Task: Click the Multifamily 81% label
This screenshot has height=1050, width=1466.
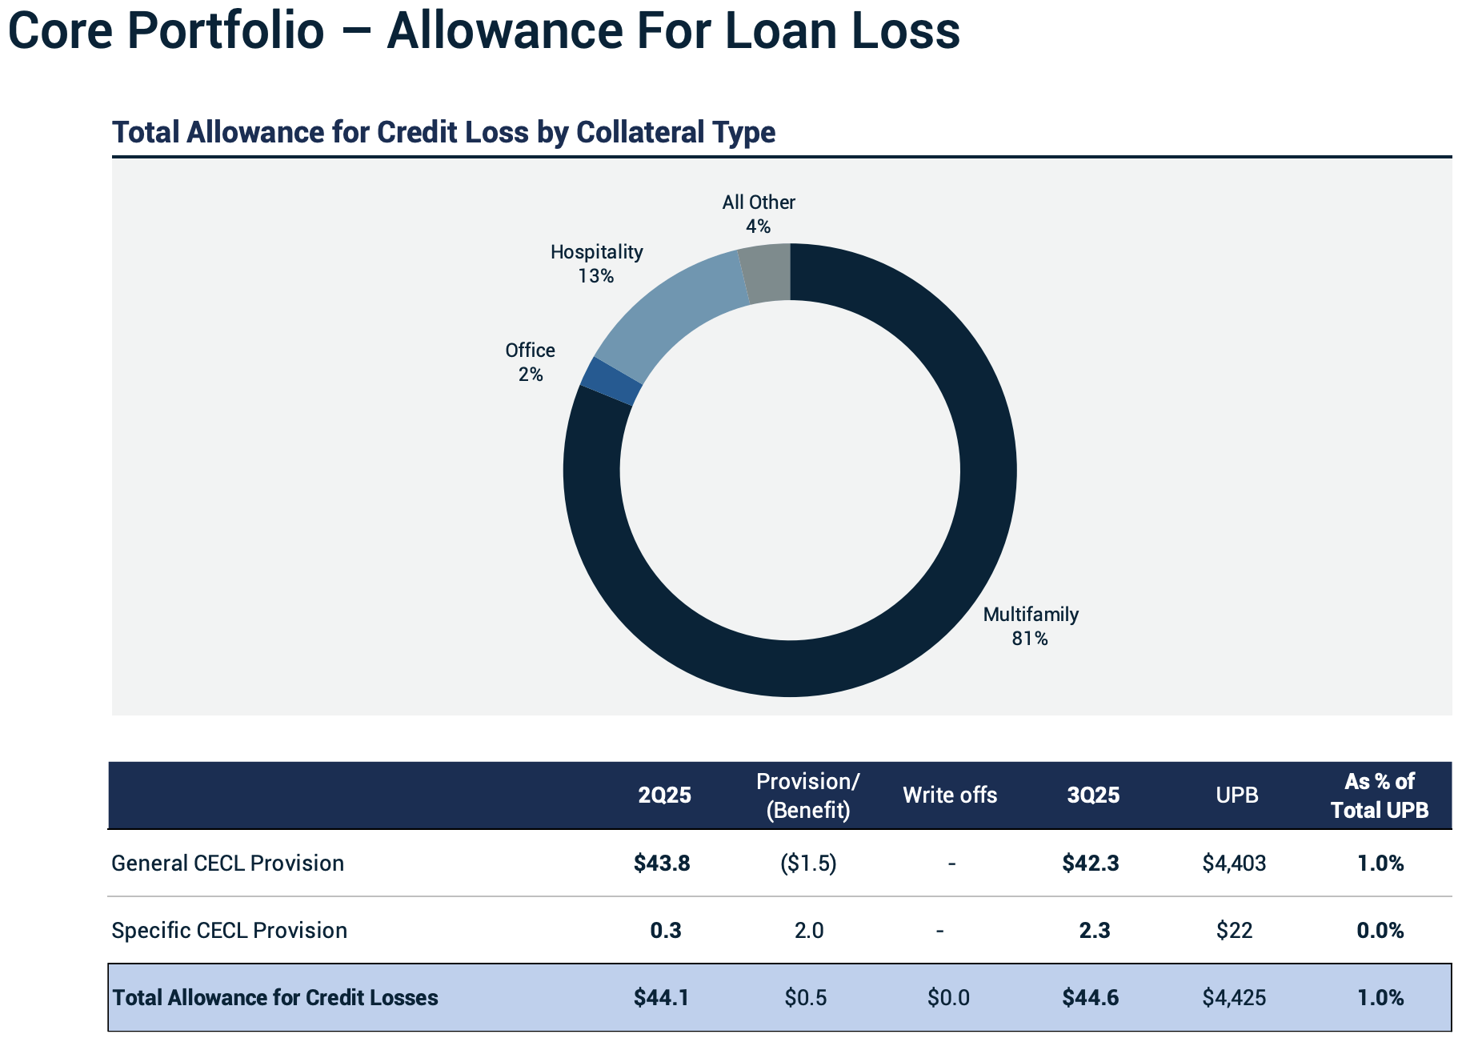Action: tap(1030, 626)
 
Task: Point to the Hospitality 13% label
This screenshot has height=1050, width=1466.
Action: tap(596, 263)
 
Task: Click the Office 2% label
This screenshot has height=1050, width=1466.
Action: tap(530, 362)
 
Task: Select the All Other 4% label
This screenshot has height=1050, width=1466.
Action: tap(758, 214)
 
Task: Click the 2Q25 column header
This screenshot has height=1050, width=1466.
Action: tap(664, 795)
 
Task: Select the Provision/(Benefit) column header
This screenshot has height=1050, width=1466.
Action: tap(807, 796)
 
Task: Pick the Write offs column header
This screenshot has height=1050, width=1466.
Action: tap(950, 795)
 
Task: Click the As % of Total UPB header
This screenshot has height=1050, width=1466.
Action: tap(1379, 796)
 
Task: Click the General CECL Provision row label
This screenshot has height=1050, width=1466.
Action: tap(228, 863)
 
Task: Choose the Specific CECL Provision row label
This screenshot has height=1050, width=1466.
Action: tap(230, 930)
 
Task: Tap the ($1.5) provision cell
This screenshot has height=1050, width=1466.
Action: tap(807, 863)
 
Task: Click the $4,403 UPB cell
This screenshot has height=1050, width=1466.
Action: tap(1234, 863)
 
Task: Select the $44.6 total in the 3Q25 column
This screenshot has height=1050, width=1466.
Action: tap(1090, 997)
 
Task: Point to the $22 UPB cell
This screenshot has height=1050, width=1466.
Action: tap(1234, 930)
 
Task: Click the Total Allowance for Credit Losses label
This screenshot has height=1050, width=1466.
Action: tap(275, 997)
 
